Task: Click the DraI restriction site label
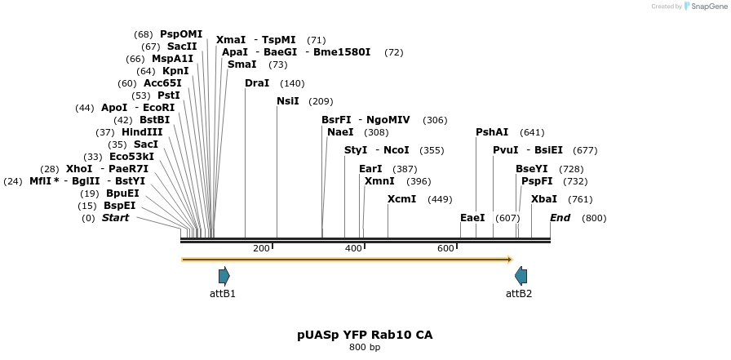257,83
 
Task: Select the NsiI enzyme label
288,100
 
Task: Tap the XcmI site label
402,199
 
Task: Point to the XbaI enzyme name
544,199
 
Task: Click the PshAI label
492,132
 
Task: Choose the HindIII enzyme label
142,132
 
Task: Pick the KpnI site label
175,71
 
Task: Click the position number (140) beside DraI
292,83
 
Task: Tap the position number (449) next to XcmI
440,199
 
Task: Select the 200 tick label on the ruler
262,248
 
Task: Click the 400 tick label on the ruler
354,248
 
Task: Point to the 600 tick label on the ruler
445,248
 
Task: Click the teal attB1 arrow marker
224,277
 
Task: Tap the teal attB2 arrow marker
521,277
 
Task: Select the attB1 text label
223,294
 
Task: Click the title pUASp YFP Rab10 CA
365,335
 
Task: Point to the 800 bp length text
365,347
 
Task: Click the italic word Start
116,218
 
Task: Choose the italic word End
560,218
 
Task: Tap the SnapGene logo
706,6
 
